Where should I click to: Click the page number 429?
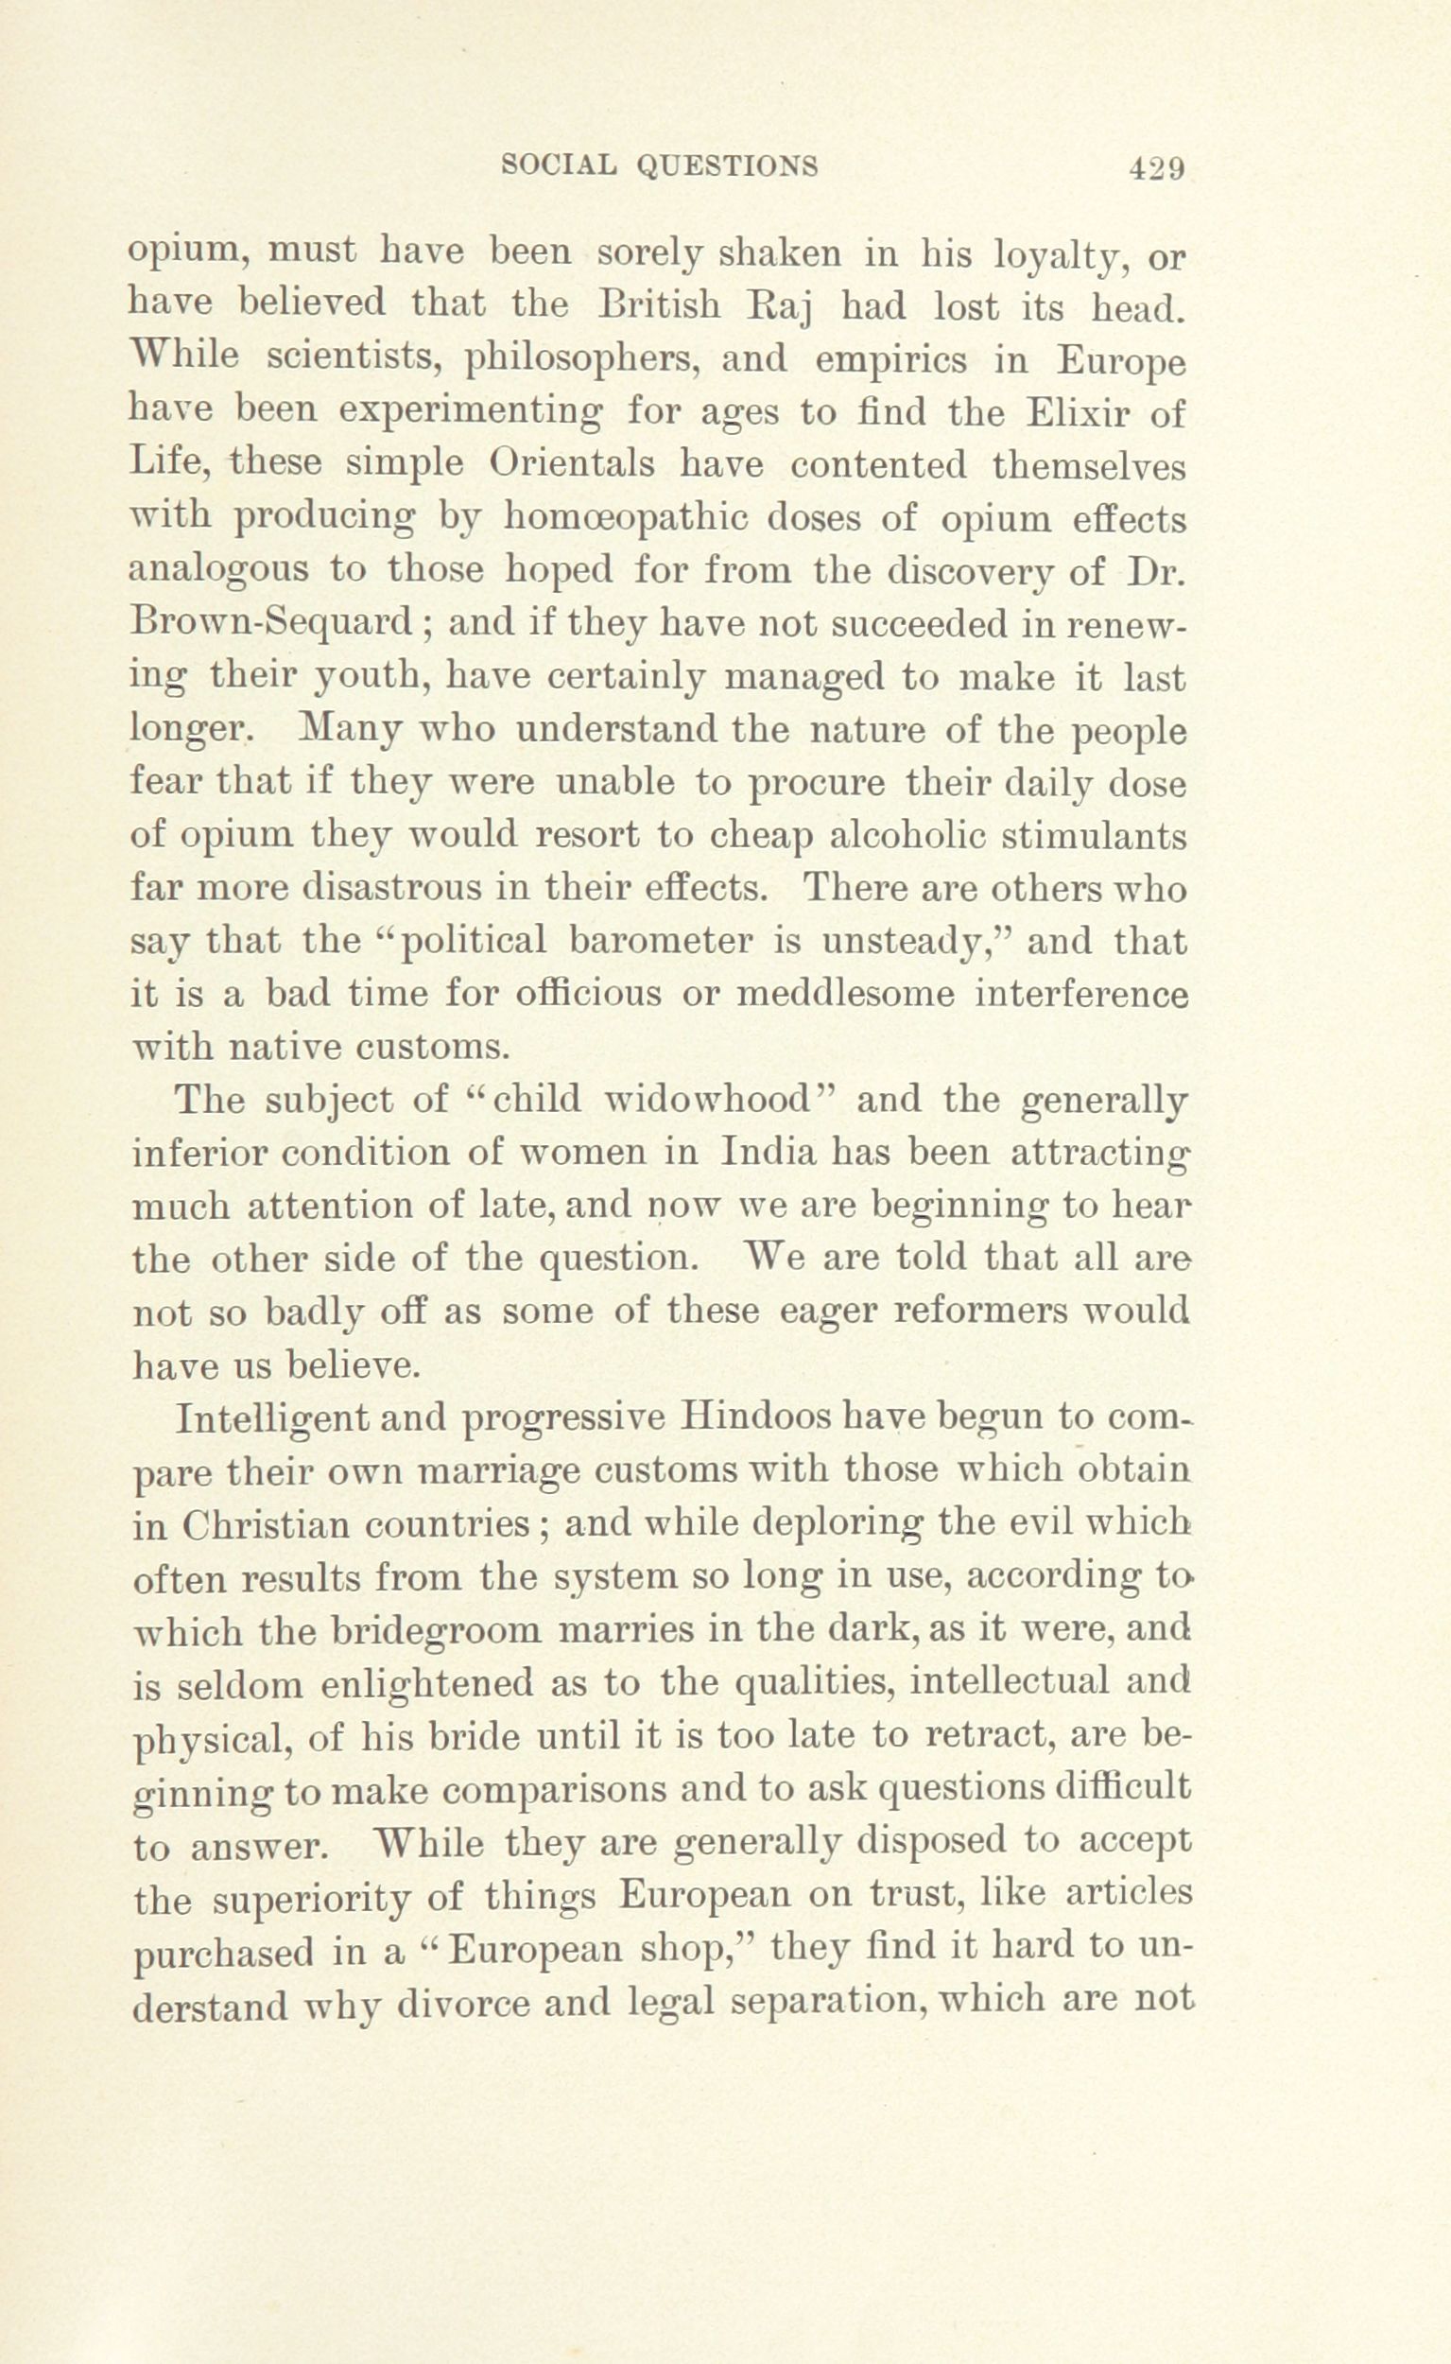[x=1158, y=169]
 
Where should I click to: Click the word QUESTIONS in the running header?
[x=728, y=167]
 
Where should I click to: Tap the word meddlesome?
[x=841, y=995]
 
